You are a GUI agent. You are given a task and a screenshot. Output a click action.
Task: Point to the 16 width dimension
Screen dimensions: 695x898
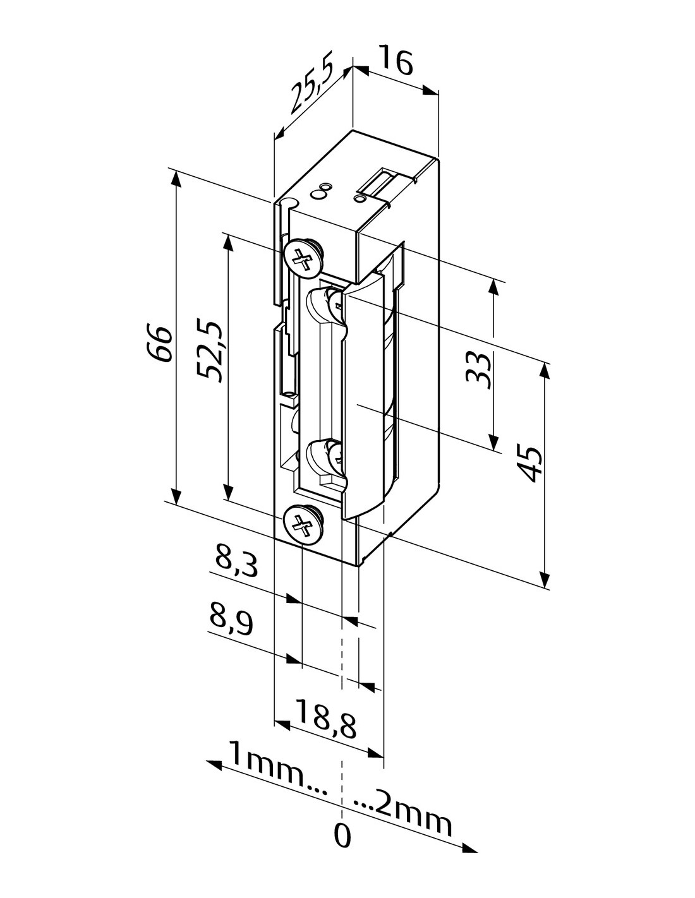point(396,61)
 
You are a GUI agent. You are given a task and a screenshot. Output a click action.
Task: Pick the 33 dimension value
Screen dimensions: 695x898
point(478,369)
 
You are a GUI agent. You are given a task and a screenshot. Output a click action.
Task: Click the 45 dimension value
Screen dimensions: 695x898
point(529,464)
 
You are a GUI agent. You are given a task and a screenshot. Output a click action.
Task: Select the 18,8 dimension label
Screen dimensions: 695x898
point(325,723)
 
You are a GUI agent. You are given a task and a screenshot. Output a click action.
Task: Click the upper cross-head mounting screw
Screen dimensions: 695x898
point(303,258)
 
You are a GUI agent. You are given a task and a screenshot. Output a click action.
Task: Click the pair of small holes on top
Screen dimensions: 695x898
point(322,189)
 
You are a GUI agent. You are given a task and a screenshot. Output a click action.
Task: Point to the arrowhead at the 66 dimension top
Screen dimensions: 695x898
point(176,179)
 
